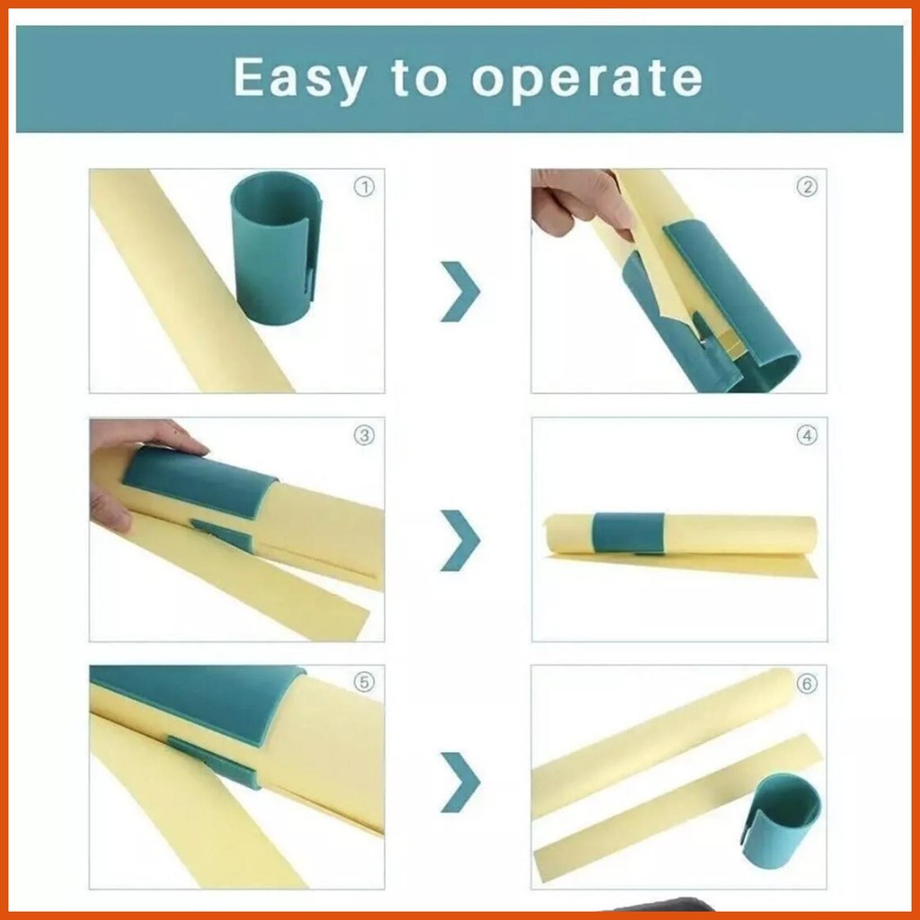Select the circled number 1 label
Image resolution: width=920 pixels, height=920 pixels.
(x=364, y=188)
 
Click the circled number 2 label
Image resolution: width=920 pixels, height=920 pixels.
(x=808, y=187)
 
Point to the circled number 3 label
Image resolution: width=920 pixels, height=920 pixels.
(x=364, y=436)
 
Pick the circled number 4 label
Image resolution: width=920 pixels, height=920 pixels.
(x=808, y=436)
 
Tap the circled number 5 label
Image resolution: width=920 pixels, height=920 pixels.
(x=364, y=683)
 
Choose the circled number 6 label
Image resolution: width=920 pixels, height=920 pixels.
(x=808, y=684)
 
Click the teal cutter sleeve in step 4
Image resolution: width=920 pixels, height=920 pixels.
(x=628, y=534)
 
